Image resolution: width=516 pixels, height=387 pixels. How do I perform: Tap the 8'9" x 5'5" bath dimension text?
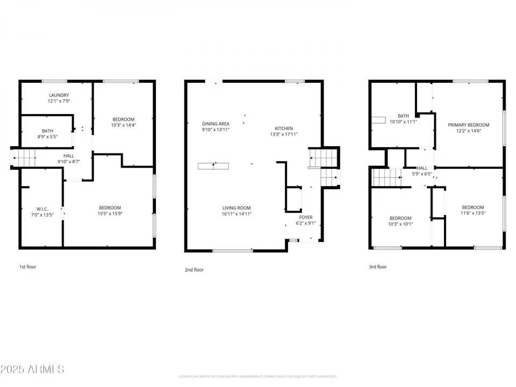[47, 137]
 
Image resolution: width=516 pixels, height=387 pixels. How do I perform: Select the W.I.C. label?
[42, 209]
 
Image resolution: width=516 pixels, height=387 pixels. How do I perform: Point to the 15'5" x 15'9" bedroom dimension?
[110, 214]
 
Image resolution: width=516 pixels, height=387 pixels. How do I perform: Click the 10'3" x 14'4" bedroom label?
[123, 119]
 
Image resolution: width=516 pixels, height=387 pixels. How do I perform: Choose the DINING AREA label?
[216, 123]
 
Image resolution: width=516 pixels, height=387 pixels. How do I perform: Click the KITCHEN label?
[284, 128]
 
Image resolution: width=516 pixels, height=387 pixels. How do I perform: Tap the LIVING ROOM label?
[236, 207]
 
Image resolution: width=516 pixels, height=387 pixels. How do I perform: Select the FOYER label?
[305, 217]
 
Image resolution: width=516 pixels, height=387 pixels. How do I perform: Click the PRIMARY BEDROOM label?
[469, 125]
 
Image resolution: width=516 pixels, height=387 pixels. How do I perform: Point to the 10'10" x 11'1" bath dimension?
[403, 122]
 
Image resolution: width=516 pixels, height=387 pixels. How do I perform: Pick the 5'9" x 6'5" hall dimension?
[422, 174]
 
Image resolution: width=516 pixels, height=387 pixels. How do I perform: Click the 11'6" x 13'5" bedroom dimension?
[473, 213]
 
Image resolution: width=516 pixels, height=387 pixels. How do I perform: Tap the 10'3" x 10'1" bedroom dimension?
[400, 224]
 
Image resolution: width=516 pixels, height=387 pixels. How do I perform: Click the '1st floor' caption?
[28, 267]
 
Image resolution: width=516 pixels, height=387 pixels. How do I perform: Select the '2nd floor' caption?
[194, 270]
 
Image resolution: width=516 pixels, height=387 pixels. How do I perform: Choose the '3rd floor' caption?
[378, 267]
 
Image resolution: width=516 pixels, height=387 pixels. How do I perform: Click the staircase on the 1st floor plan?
[24, 158]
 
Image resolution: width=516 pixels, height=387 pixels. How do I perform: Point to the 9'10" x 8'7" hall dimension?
[68, 161]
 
